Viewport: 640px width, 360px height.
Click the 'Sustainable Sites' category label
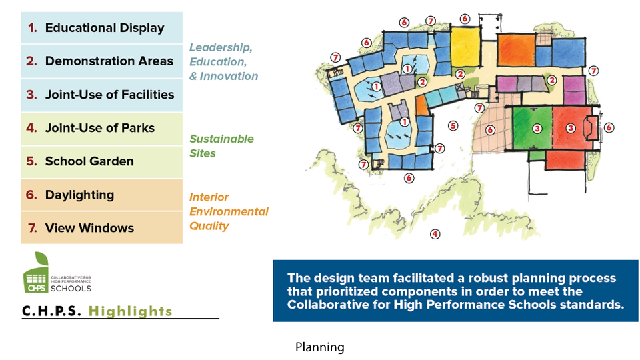coord(221,146)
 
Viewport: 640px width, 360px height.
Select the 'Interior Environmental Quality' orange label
coord(229,211)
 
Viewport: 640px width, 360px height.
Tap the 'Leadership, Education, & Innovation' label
coord(223,62)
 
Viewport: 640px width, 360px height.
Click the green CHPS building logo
coord(36,275)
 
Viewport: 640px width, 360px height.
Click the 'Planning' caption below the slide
coord(320,347)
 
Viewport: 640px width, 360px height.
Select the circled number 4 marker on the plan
coord(435,234)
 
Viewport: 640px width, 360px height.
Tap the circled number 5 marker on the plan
coord(453,125)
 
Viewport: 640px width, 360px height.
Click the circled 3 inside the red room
coord(571,127)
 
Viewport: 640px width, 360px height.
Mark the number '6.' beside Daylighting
coord(32,195)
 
